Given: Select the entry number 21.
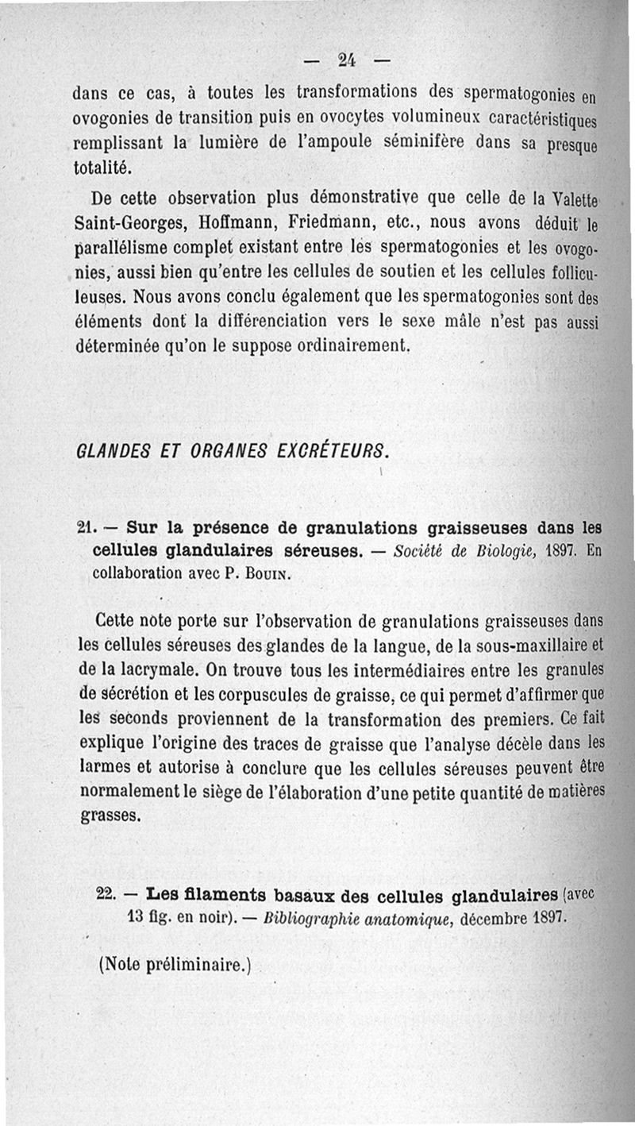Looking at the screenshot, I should [87, 526].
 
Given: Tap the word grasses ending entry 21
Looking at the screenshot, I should [110, 815].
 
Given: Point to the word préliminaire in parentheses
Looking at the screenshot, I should [193, 966].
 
